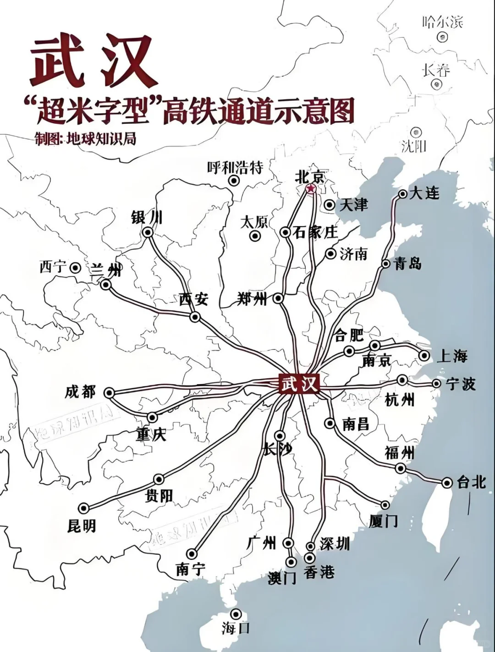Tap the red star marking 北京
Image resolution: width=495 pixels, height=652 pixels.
point(311,188)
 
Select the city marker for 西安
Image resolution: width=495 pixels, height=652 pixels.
point(195,317)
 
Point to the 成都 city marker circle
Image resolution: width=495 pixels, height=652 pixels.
point(109,392)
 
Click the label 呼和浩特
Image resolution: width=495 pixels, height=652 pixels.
point(235,168)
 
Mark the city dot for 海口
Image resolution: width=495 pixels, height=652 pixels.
point(236,614)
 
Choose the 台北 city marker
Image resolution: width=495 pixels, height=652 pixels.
point(447,482)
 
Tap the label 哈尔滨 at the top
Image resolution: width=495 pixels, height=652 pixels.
point(442,22)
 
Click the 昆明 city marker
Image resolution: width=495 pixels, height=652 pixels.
point(83,508)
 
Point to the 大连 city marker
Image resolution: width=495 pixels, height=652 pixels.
point(403,194)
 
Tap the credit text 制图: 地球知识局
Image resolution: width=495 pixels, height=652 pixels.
point(85,138)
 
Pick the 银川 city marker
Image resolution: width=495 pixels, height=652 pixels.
point(148,232)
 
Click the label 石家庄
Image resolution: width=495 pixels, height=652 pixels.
point(315,232)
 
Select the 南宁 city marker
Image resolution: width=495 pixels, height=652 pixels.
point(192,554)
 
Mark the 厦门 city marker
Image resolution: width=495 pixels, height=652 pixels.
point(385,505)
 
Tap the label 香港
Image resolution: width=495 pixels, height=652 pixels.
point(319,572)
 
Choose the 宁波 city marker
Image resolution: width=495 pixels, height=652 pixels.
point(436,384)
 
